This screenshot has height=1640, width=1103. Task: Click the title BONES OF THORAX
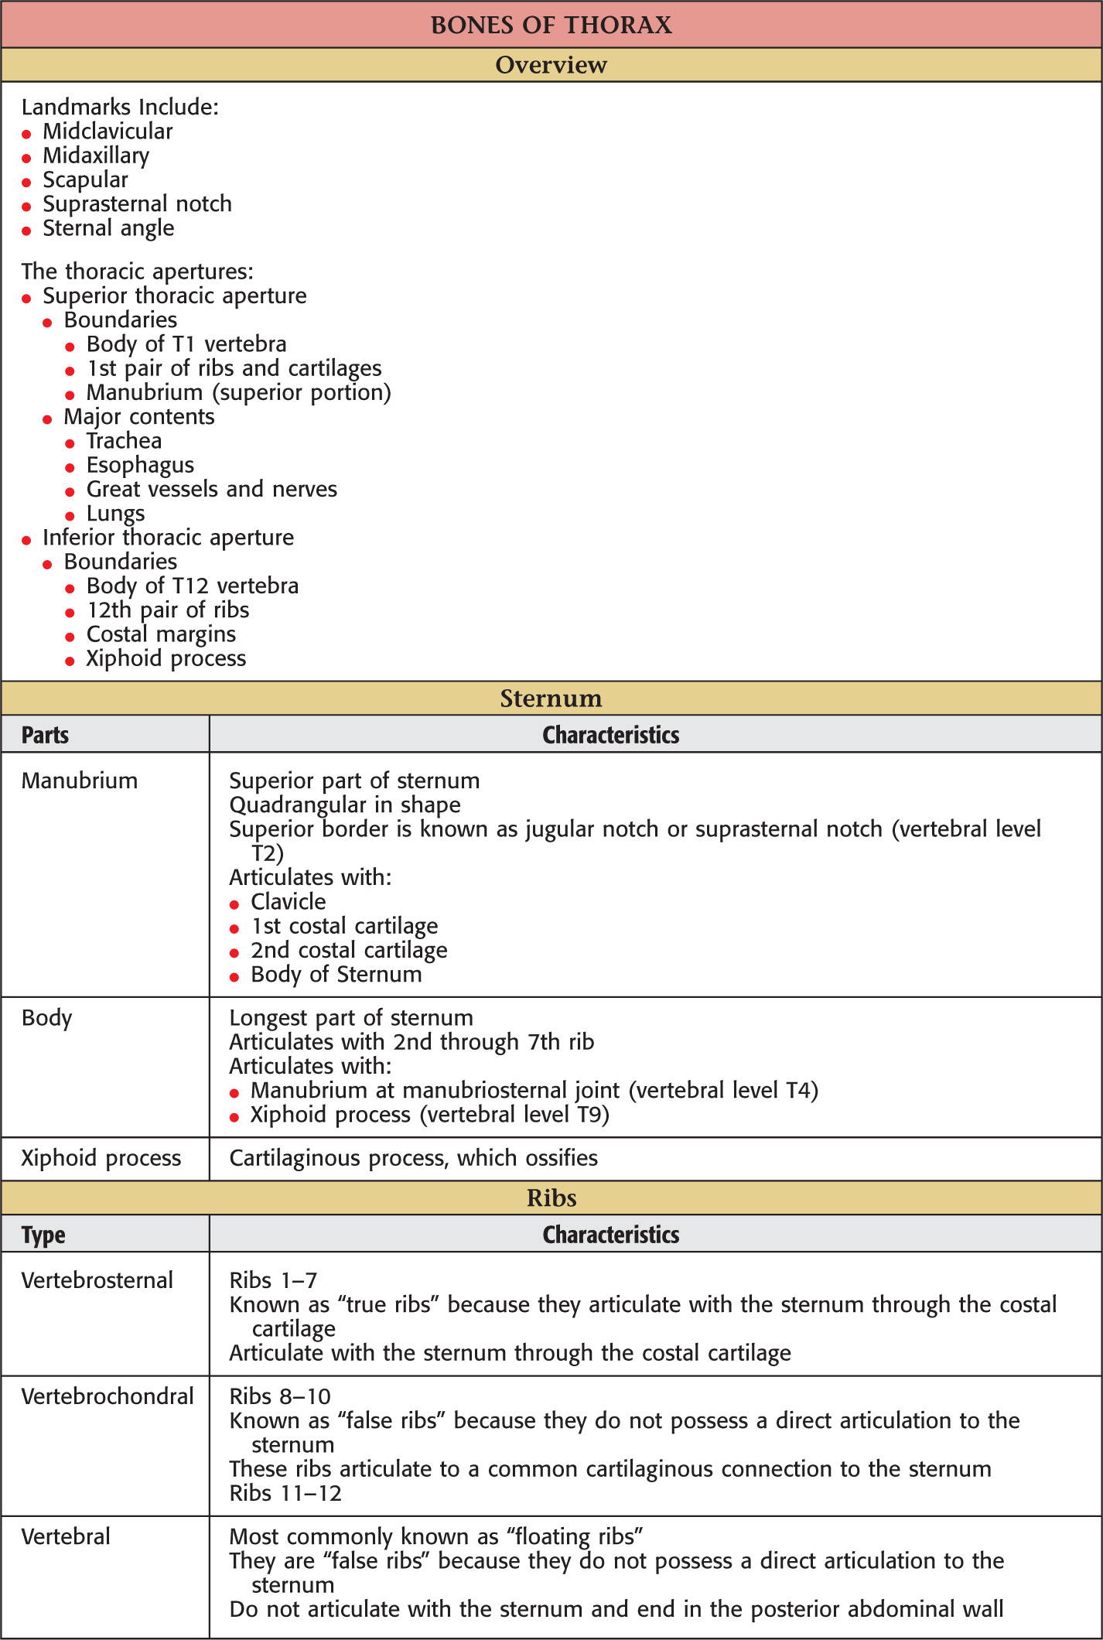pos(551,25)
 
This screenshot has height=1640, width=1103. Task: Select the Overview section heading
pos(551,65)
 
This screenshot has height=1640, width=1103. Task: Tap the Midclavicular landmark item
pos(108,132)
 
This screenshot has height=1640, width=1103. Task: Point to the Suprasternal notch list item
pos(137,204)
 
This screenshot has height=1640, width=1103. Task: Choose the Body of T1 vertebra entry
pos(186,344)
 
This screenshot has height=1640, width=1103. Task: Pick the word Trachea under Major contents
pos(124,441)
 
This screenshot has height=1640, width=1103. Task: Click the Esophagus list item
pos(140,465)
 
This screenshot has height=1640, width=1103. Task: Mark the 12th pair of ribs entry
pos(168,610)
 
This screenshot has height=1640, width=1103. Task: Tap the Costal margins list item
pos(161,634)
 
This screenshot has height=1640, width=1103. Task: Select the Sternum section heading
pos(551,699)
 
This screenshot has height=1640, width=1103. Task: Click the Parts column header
pos(45,735)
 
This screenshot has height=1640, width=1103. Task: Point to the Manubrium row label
pos(80,781)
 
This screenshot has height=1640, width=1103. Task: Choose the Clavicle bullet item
pos(288,902)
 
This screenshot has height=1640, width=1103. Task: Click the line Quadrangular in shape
pos(345,805)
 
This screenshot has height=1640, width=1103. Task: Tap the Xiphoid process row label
pos(101,1158)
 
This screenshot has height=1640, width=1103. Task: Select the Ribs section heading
pos(551,1198)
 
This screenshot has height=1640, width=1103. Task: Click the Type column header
pos(43,1235)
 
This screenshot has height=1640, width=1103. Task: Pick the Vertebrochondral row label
pos(108,1396)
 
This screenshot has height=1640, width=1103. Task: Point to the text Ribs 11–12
pos(285,1493)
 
